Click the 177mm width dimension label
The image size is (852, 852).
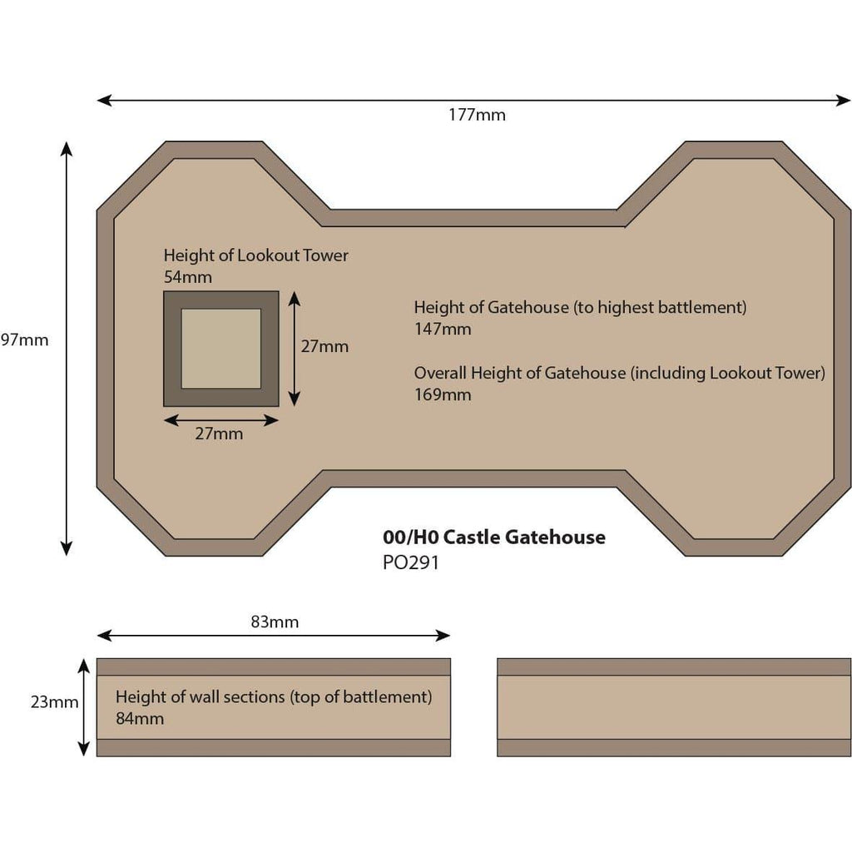(x=477, y=115)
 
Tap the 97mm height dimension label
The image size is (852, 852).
(x=24, y=340)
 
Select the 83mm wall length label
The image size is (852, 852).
(x=275, y=622)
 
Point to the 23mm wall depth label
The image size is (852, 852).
(x=54, y=702)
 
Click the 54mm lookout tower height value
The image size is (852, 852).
(x=188, y=277)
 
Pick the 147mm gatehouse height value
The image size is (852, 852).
(x=443, y=329)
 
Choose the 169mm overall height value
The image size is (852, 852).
(x=443, y=394)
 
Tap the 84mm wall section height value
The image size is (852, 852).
(x=140, y=718)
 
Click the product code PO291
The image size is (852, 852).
(x=411, y=562)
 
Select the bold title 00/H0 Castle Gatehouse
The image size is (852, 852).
(x=494, y=537)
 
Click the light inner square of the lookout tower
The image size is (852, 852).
(x=221, y=349)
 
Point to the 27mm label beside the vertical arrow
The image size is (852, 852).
(x=325, y=347)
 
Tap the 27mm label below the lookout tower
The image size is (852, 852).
(x=219, y=433)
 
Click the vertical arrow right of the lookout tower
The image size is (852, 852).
(x=294, y=349)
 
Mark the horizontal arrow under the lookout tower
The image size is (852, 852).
(x=221, y=420)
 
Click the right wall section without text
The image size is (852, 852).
(x=674, y=707)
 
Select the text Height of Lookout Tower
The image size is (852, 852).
(x=256, y=255)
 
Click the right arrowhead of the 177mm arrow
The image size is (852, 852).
(x=844, y=101)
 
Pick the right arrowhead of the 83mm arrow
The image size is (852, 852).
(x=443, y=635)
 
